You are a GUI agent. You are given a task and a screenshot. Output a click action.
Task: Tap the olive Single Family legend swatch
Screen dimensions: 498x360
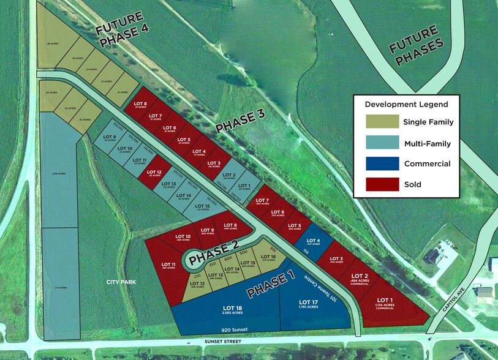(379, 122)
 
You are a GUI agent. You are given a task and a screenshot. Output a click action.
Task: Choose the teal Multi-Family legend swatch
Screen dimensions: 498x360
(379, 143)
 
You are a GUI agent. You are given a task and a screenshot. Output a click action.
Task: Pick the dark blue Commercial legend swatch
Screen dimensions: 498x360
(379, 163)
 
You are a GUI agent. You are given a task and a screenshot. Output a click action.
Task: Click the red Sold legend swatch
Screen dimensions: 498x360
(379, 184)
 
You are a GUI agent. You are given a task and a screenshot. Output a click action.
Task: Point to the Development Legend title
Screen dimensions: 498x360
(407, 105)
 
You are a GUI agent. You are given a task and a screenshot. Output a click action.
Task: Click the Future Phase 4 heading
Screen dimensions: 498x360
(123, 36)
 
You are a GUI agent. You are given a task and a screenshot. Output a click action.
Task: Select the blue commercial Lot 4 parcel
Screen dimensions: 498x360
(312, 242)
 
